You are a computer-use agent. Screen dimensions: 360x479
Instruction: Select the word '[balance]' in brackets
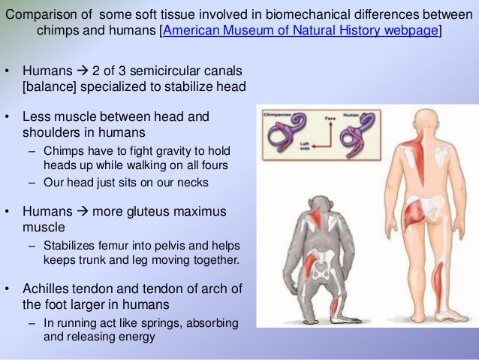coord(47,87)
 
